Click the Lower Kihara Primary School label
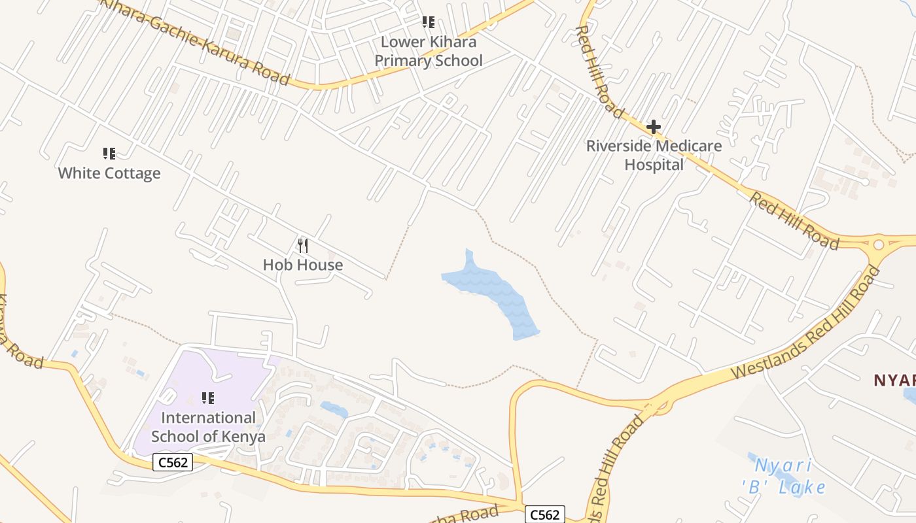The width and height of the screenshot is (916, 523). (x=429, y=52)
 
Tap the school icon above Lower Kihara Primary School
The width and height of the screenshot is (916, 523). (x=429, y=23)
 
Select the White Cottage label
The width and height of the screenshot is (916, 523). (x=109, y=173)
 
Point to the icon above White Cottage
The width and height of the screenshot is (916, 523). (x=109, y=154)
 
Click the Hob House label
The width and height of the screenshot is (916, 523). (x=303, y=265)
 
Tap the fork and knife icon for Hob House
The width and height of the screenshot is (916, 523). (x=303, y=246)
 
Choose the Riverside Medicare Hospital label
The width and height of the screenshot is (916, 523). (x=654, y=155)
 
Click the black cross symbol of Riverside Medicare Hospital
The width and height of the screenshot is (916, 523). (x=653, y=127)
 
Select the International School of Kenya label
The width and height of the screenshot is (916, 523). (x=209, y=427)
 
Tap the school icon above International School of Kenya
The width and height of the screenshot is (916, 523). (x=208, y=397)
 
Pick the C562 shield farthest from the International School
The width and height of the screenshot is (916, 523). (x=544, y=515)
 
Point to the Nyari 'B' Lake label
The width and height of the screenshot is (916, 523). (x=784, y=477)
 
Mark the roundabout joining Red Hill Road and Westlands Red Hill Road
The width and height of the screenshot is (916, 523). (x=878, y=245)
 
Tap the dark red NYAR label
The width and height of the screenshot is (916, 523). (x=895, y=380)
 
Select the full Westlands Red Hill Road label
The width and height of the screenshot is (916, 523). (x=805, y=324)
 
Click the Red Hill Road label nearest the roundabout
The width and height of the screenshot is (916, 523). (x=794, y=220)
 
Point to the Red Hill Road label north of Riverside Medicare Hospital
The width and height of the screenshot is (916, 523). (x=599, y=72)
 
